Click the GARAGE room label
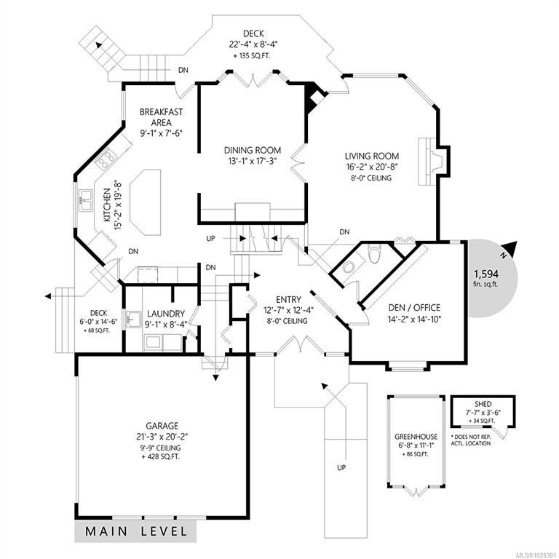pyautogui.click(x=162, y=426)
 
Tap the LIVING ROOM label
pyautogui.click(x=372, y=156)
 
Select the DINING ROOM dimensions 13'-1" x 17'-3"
pyautogui.click(x=253, y=161)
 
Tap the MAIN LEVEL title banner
pyautogui.click(x=136, y=531)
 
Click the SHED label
pyautogui.click(x=483, y=404)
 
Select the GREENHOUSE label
pyautogui.click(x=416, y=437)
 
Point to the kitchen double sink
pyautogui.click(x=85, y=201)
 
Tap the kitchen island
pyautogui.click(x=146, y=202)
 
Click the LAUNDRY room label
pyautogui.click(x=166, y=314)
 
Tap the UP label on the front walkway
pyautogui.click(x=341, y=467)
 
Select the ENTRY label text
pyautogui.click(x=288, y=299)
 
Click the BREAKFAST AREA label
pyautogui.click(x=161, y=117)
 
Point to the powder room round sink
pyautogui.click(x=348, y=266)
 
